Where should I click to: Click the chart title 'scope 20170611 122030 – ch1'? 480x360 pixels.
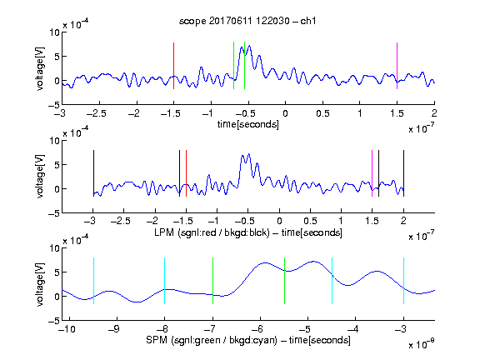pos(247,21)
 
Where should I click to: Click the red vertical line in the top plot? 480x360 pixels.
pos(173,66)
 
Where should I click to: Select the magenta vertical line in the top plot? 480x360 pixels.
pos(397,66)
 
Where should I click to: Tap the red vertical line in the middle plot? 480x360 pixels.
pos(186,173)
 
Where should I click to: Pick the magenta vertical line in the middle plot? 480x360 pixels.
pos(372,173)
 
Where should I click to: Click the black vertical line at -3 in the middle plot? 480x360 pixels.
pos(93,173)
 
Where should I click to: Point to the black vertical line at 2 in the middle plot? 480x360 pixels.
pos(404,173)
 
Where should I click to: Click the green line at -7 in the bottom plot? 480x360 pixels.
pos(212,281)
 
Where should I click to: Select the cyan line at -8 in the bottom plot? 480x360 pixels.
pos(165,281)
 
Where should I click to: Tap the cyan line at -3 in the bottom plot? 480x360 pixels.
pos(404,281)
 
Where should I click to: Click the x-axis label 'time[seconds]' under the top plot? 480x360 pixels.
pos(248,124)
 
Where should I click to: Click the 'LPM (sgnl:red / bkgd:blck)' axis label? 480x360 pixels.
pos(212,232)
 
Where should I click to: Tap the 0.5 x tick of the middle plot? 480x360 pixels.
pos(310,221)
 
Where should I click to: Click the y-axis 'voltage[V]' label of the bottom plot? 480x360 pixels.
pos(40,284)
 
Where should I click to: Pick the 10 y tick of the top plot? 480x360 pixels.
pos(54,32)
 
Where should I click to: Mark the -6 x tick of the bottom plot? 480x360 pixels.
pos(257,329)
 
